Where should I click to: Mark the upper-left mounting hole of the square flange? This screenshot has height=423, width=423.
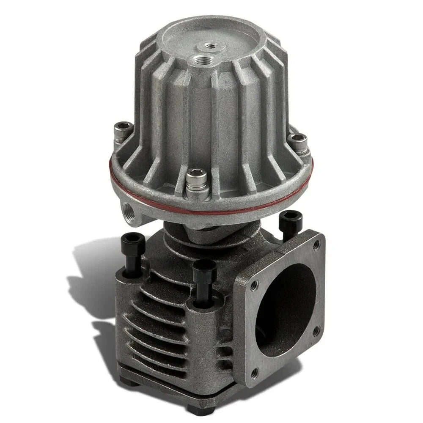253,286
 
